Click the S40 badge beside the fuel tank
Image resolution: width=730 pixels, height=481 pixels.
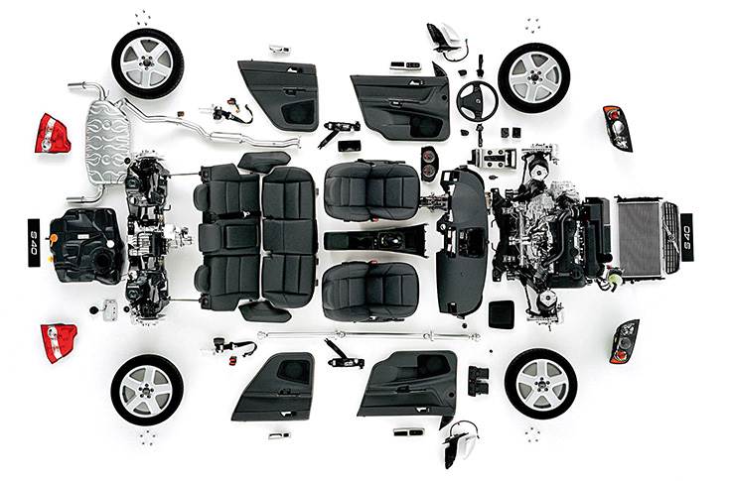[x=34, y=240]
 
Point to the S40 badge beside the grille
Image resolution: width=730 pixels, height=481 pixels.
[x=687, y=237]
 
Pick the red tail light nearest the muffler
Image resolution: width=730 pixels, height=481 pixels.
[x=52, y=133]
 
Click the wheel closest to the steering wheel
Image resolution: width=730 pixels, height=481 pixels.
[x=533, y=76]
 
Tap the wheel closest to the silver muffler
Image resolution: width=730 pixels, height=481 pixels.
[x=147, y=62]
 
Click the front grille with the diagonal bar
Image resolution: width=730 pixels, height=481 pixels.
[x=670, y=238]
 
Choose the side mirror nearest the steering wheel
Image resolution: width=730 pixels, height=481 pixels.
[x=443, y=37]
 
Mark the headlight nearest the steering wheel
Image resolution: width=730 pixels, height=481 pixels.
[x=617, y=128]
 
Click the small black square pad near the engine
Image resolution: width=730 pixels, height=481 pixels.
[x=502, y=313]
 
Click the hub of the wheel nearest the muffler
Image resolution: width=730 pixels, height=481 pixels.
[x=147, y=63]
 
